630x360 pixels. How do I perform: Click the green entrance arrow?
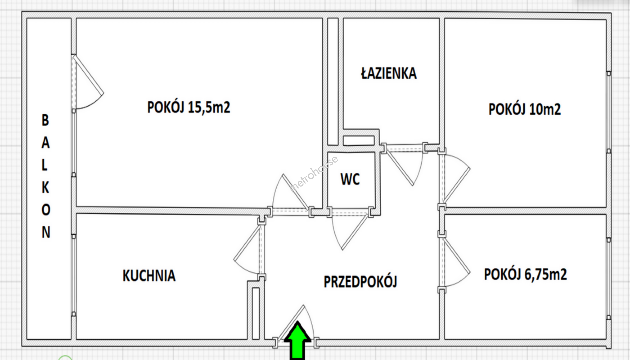click(x=297, y=340)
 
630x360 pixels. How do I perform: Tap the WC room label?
click(x=350, y=179)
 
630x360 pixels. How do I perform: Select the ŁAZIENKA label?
click(x=389, y=73)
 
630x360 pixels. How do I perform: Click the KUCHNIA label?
click(x=149, y=276)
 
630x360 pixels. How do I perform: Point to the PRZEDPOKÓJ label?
click(x=360, y=282)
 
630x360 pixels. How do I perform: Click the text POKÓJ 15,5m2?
click(x=189, y=107)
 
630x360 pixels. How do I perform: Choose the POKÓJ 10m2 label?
click(x=525, y=109)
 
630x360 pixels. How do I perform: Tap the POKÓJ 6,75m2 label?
click(x=525, y=274)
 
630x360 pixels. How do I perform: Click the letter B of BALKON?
click(x=45, y=120)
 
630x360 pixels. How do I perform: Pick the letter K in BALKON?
click(x=45, y=188)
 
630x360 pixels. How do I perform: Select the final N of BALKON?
click(x=46, y=232)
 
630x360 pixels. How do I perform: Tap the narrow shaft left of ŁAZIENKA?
click(x=333, y=82)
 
